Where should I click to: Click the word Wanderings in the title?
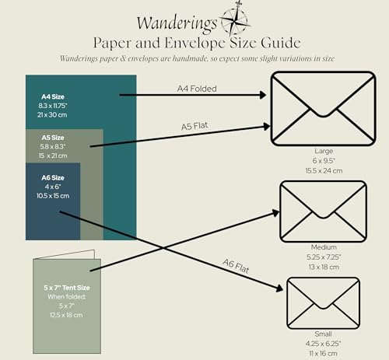tap(177, 23)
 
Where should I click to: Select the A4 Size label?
tap(53, 96)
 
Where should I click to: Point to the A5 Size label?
tap(53, 138)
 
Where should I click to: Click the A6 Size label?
tap(53, 177)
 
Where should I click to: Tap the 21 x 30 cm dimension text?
tap(52, 115)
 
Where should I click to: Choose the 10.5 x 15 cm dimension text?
tap(53, 196)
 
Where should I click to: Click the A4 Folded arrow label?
tap(197, 89)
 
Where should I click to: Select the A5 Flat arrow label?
tap(194, 126)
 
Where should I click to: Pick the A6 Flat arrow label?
tap(236, 266)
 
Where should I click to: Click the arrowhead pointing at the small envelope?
tap(279, 288)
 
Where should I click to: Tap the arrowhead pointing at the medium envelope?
tap(275, 213)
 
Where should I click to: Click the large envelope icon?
tap(323, 109)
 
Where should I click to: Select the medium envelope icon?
tap(323, 211)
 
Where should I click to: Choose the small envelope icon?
tap(323, 303)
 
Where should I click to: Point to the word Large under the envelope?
tap(324, 151)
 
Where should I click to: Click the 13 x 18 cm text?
tap(324, 267)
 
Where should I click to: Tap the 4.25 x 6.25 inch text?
tap(323, 344)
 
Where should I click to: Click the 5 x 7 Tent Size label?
tap(67, 288)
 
